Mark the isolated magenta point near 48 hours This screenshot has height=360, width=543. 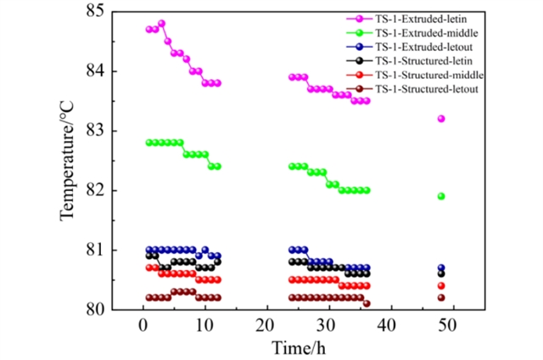click(441, 119)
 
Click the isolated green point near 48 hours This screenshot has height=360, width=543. click(441, 196)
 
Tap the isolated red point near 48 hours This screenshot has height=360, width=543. click(441, 286)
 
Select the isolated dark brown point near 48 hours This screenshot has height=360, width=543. click(441, 297)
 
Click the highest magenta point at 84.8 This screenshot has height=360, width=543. click(161, 24)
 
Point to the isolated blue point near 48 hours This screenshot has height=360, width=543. click(441, 267)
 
